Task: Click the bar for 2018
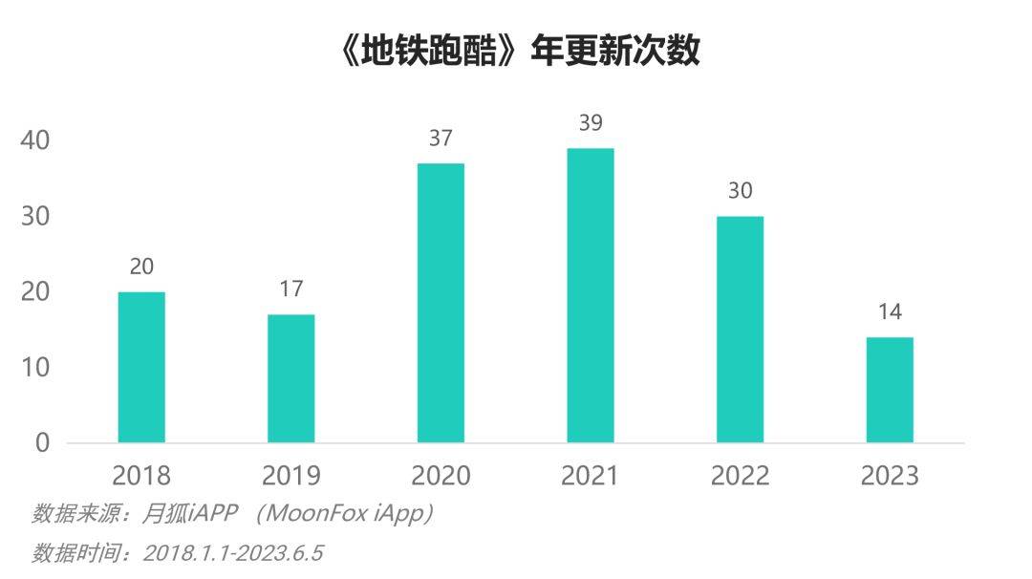click(141, 367)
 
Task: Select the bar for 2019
click(291, 378)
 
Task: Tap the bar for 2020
click(441, 303)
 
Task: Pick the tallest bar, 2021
click(591, 295)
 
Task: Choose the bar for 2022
click(740, 330)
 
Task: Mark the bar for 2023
click(890, 390)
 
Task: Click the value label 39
click(591, 123)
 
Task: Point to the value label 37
click(441, 139)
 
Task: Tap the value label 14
click(890, 312)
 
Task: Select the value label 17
click(291, 289)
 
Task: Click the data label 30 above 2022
click(740, 191)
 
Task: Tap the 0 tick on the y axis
click(42, 443)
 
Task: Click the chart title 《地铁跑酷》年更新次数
click(520, 50)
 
